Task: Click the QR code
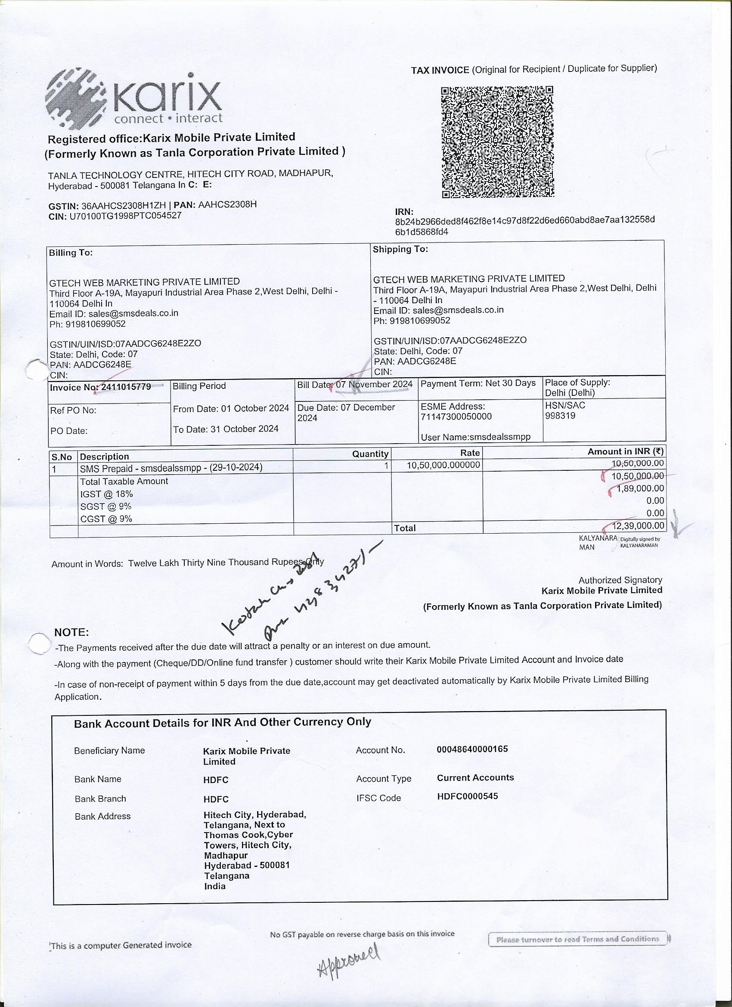498,142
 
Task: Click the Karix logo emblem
76,98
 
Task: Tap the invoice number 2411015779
126,387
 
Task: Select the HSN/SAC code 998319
560,416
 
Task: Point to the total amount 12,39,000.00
638,526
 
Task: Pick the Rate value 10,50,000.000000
444,465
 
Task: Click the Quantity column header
370,454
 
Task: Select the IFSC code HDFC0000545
468,796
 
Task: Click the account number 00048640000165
472,749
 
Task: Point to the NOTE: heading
71,632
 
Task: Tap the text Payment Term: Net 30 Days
478,383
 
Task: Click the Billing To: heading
71,253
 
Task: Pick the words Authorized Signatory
620,580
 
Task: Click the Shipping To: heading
400,249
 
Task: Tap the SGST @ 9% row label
105,507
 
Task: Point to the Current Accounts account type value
475,777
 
